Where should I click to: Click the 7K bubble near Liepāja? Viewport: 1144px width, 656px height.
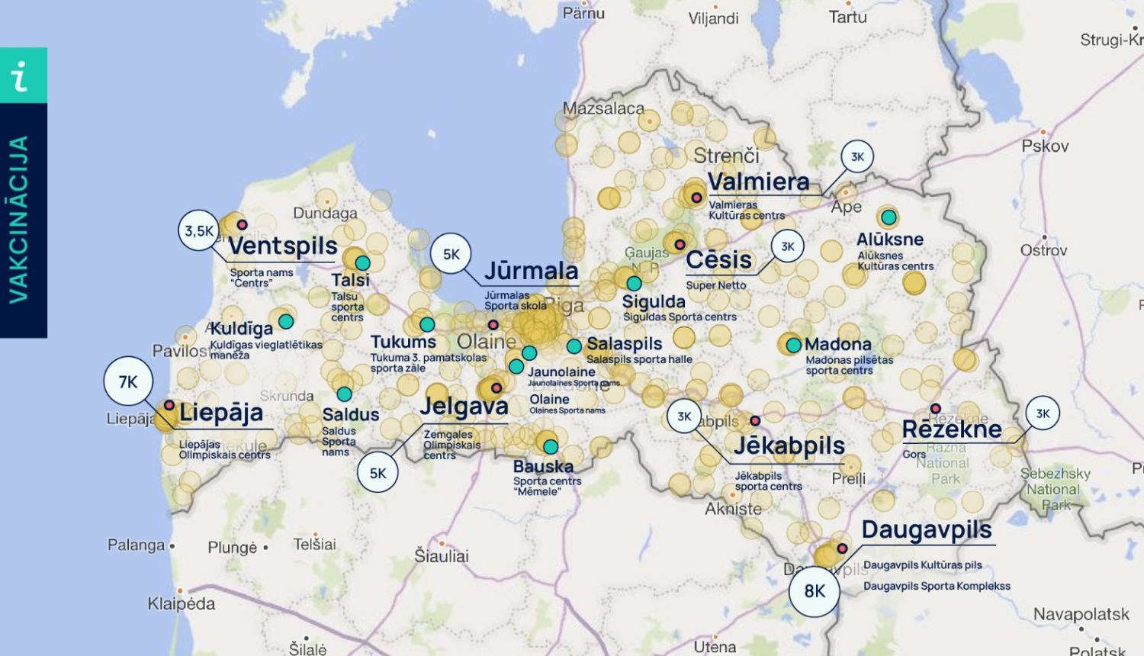coord(128,381)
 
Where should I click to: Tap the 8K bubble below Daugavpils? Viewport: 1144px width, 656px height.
coord(815,591)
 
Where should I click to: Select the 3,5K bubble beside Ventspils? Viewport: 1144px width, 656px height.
coord(199,231)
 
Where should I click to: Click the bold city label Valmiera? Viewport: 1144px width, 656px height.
coord(758,182)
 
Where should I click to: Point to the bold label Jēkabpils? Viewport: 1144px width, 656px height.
coord(789,445)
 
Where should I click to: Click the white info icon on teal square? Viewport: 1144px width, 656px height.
coord(22,76)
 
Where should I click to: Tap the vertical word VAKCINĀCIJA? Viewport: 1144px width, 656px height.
coord(19,220)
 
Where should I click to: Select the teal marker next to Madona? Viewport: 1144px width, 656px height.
coord(793,345)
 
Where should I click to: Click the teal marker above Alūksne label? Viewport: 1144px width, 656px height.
coord(889,217)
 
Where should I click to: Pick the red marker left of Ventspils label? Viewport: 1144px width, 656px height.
coord(242,224)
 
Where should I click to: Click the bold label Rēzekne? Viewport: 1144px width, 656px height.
coord(951,429)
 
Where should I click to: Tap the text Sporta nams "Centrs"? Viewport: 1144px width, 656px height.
coord(261,278)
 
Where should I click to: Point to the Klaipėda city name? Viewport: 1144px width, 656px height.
coord(182,603)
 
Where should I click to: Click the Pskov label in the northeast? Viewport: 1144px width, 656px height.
coord(1045,146)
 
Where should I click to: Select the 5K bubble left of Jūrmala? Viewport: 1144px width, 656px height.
coord(451,254)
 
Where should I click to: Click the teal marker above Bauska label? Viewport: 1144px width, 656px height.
coord(551,446)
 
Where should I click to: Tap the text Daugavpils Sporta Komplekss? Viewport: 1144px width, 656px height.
coord(936,586)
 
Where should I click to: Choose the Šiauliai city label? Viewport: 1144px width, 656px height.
coord(441,556)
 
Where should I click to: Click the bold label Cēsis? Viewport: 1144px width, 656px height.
coord(718,260)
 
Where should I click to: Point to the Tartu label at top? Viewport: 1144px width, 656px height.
coord(847,17)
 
